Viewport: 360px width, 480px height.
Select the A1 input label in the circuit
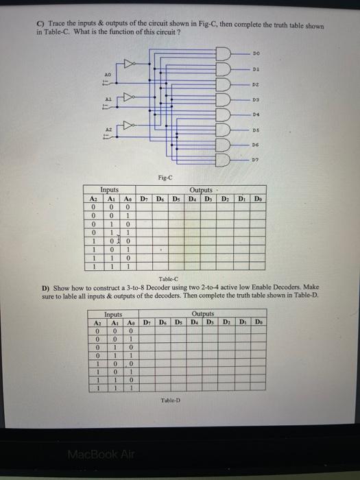107,98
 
